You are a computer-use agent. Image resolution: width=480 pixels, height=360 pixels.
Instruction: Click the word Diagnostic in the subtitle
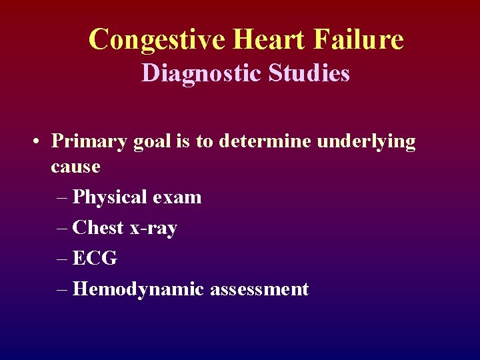[x=203, y=73]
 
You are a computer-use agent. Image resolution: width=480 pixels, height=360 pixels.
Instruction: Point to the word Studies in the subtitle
[x=309, y=73]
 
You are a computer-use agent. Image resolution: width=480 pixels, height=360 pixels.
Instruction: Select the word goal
[x=158, y=142]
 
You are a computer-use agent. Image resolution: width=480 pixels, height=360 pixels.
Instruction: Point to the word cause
[x=75, y=167]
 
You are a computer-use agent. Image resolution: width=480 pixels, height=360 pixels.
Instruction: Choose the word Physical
[x=110, y=197]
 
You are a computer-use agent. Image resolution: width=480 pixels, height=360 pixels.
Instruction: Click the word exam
[x=177, y=197]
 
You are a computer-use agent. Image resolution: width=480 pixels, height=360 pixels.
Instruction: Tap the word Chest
[x=98, y=228]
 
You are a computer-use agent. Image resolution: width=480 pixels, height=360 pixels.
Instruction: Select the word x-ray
[x=153, y=229]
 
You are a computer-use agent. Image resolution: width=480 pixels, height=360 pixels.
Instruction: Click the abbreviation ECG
[x=95, y=259]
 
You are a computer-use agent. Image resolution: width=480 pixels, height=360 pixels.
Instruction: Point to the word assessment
[x=259, y=290]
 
